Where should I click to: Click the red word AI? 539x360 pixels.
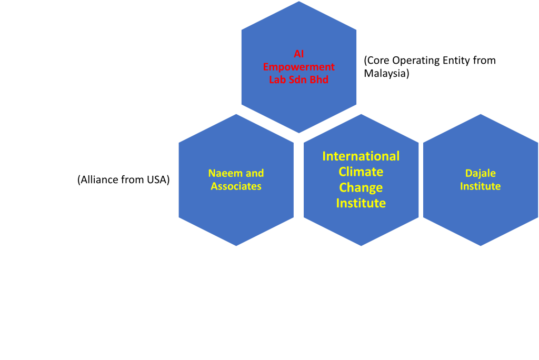click(x=299, y=54)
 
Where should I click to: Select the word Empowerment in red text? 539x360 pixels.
click(x=299, y=67)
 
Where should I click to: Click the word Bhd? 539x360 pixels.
click(x=320, y=80)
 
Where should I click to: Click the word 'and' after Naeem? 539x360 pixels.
click(x=255, y=173)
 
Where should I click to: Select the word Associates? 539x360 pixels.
click(x=236, y=186)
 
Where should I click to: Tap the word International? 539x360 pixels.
click(x=361, y=156)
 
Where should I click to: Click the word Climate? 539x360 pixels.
click(x=361, y=172)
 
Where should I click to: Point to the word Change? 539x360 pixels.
click(x=361, y=188)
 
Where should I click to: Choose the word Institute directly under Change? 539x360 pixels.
click(x=361, y=203)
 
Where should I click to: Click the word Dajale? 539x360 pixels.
click(x=481, y=173)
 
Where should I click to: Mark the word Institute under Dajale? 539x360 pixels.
click(x=481, y=186)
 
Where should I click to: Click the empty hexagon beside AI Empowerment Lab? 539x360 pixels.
click(x=174, y=67)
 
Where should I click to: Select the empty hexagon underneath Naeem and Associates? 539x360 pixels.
click(x=174, y=293)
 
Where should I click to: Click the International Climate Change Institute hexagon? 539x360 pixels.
click(x=361, y=226)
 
